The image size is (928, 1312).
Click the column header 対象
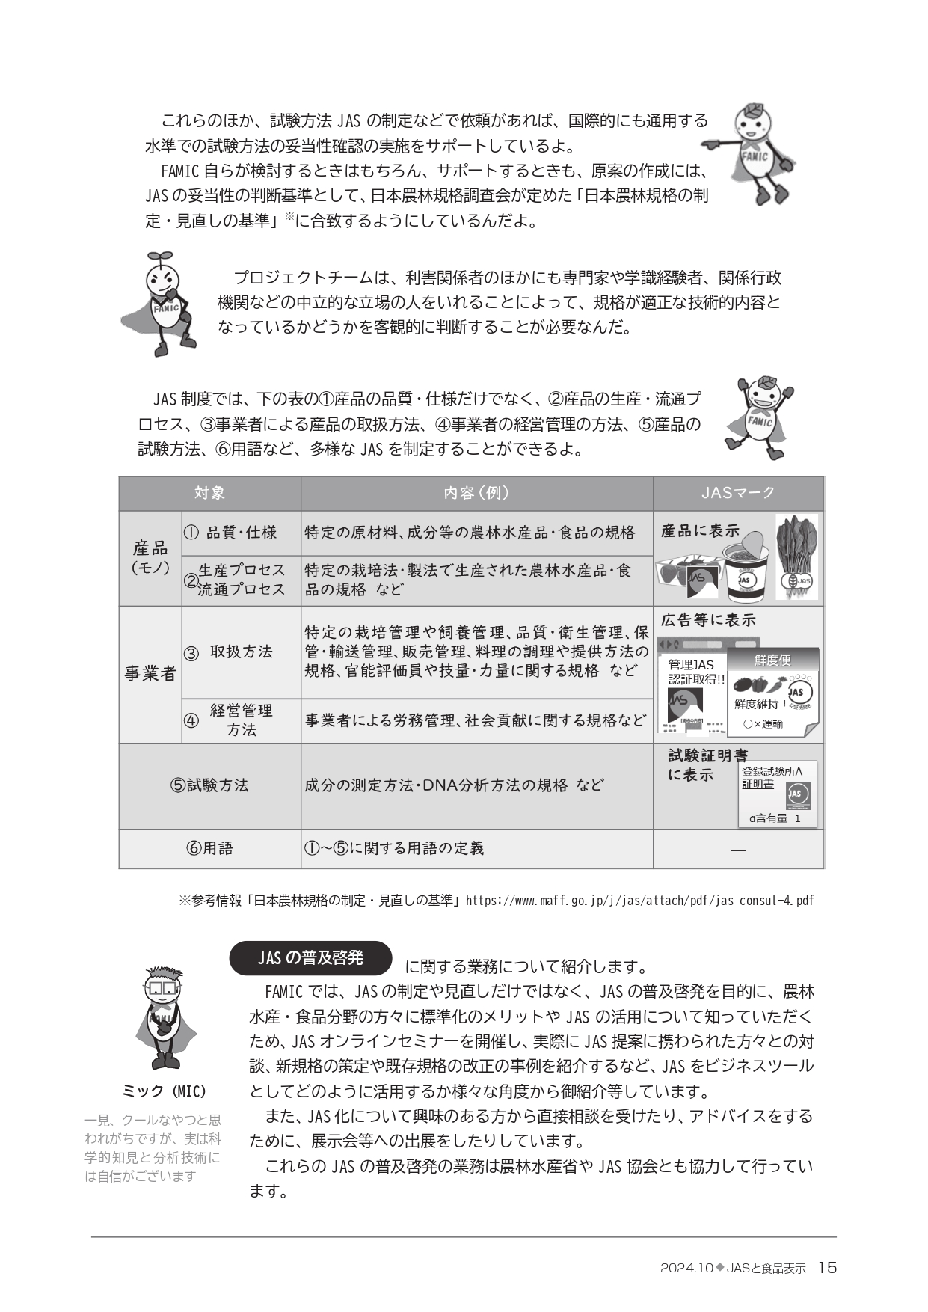(x=209, y=493)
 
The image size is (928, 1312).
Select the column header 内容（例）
(x=476, y=493)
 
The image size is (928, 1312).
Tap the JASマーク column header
(x=737, y=493)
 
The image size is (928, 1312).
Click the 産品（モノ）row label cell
(x=150, y=558)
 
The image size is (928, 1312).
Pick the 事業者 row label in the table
(x=150, y=674)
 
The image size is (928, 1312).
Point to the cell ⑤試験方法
(x=209, y=785)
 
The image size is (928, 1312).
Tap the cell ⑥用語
(x=209, y=848)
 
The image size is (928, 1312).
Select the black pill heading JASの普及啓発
(x=310, y=957)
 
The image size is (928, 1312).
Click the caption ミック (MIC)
(x=164, y=1091)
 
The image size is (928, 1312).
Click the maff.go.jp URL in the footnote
(x=639, y=900)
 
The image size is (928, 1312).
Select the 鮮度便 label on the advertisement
(x=772, y=660)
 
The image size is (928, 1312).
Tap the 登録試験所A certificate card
(x=775, y=793)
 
